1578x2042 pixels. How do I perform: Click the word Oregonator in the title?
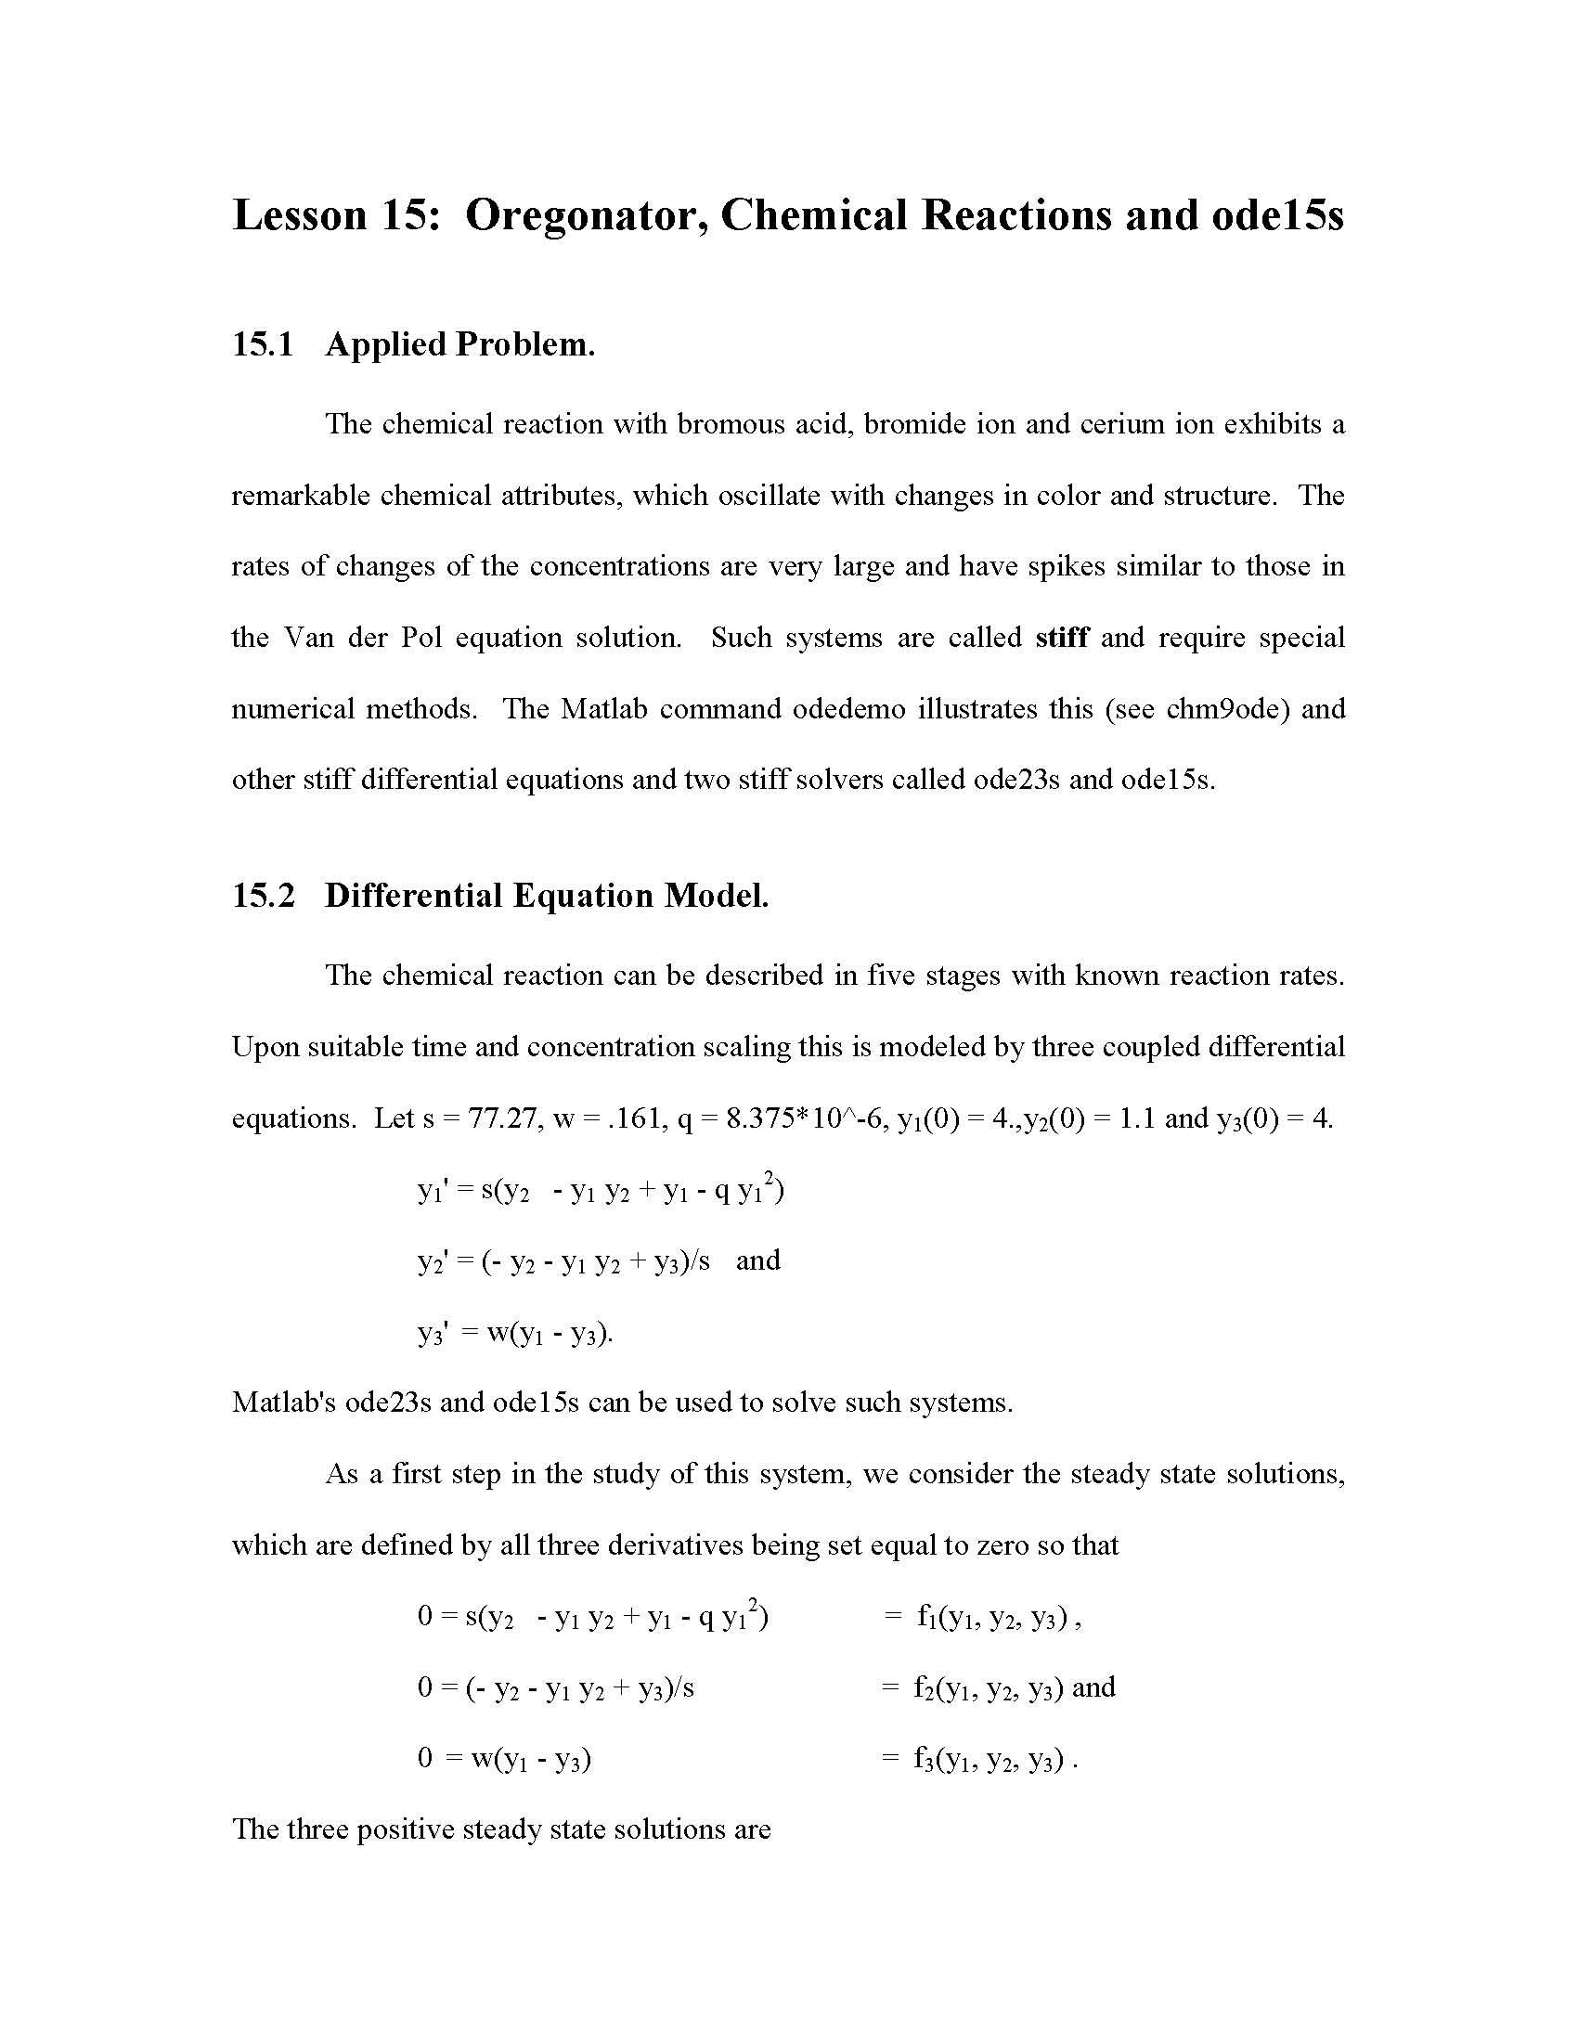click(584, 216)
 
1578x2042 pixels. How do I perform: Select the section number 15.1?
click(263, 344)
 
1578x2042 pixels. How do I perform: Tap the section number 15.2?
click(263, 895)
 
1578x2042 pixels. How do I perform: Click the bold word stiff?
click(1061, 638)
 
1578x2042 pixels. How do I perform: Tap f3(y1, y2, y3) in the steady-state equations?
click(989, 1760)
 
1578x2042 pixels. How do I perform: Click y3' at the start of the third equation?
click(434, 1333)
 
